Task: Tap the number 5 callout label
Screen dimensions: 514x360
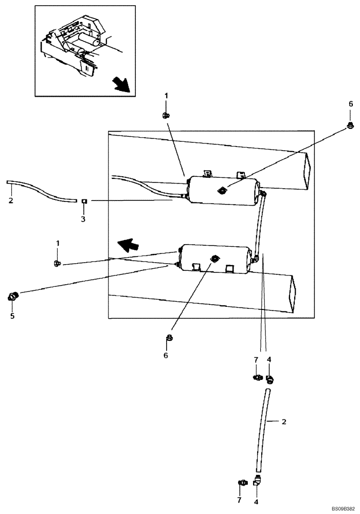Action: click(12, 315)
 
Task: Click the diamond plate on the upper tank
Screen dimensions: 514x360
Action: click(222, 191)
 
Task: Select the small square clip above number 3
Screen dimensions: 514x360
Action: click(83, 200)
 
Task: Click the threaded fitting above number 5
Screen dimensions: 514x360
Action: click(12, 296)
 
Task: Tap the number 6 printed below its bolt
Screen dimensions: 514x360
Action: click(166, 355)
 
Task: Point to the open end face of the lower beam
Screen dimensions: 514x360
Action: click(294, 293)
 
